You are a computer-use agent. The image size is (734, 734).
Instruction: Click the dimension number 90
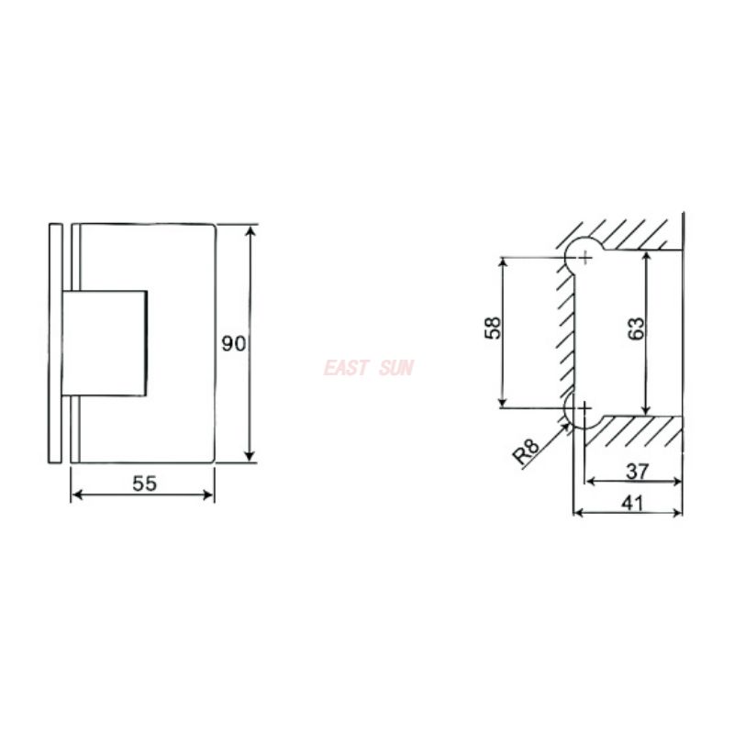point(234,343)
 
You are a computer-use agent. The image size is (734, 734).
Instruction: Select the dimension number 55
point(145,484)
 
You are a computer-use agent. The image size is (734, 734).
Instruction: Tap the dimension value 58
point(493,328)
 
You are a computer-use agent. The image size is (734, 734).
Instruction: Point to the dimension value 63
point(636,328)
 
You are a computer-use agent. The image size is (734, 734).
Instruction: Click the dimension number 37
point(637,472)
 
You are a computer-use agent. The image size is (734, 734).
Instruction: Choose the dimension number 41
point(633,503)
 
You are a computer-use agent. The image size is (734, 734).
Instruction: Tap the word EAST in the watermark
point(346,368)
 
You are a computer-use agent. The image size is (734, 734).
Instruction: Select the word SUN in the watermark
point(396,368)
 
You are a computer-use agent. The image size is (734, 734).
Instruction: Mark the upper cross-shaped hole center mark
point(584,257)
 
